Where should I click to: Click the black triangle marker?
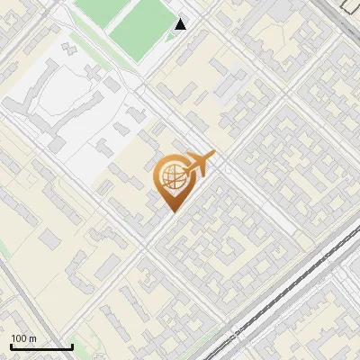click(181, 24)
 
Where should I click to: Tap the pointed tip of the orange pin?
click(172, 211)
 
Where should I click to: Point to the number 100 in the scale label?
click(20, 338)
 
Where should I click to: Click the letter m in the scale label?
click(33, 338)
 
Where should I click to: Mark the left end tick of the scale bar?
click(11, 346)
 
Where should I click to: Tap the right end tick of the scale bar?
click(72, 346)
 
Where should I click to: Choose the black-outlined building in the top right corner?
click(348, 4)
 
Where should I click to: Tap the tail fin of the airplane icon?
click(210, 157)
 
